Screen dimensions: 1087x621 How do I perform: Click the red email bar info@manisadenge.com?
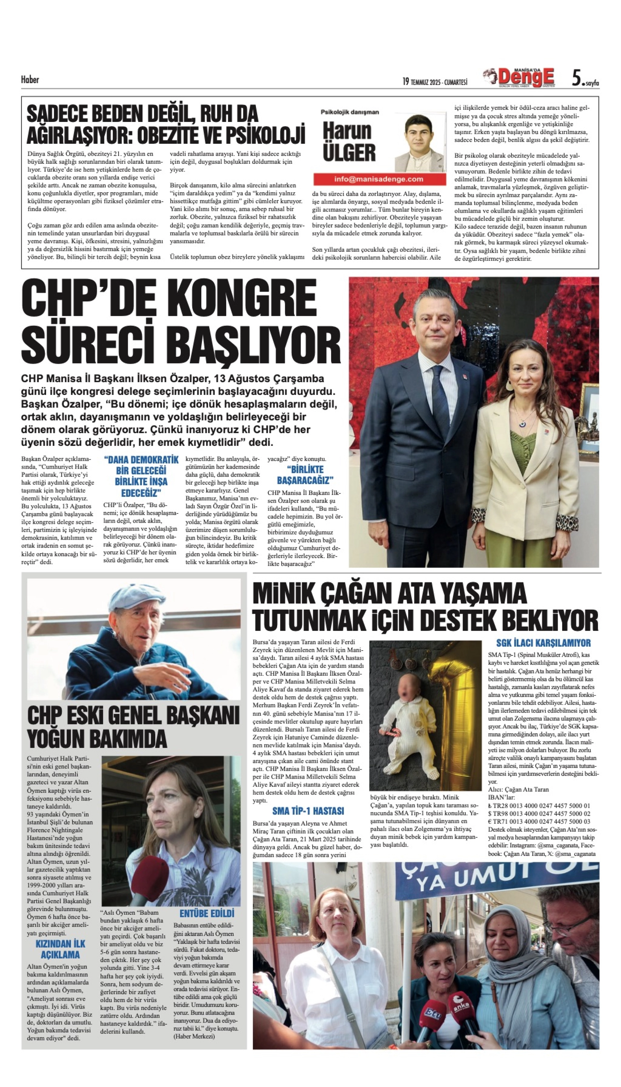(379, 179)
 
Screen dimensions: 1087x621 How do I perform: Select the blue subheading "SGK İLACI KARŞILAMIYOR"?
(543, 643)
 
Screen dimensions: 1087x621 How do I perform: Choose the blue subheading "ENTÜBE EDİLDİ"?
(207, 913)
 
